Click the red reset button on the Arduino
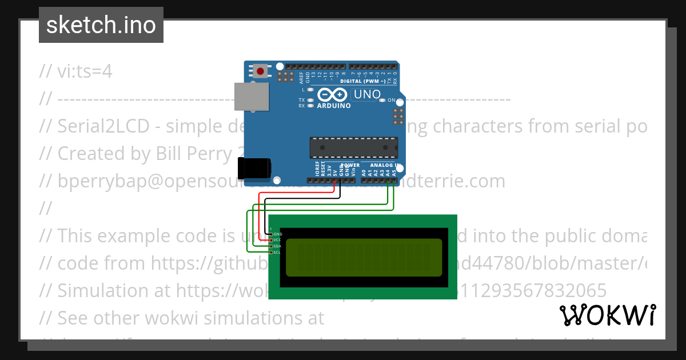coord(261,71)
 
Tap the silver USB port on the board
coord(252,96)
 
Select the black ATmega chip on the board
coord(353,147)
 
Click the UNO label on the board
coord(366,94)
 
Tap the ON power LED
coord(382,101)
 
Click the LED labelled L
coord(310,90)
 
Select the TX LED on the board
coord(310,100)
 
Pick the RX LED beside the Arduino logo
coord(310,106)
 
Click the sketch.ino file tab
coord(101,25)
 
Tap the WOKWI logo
coord(607,315)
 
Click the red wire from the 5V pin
coord(261,214)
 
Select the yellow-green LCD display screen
coord(364,258)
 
